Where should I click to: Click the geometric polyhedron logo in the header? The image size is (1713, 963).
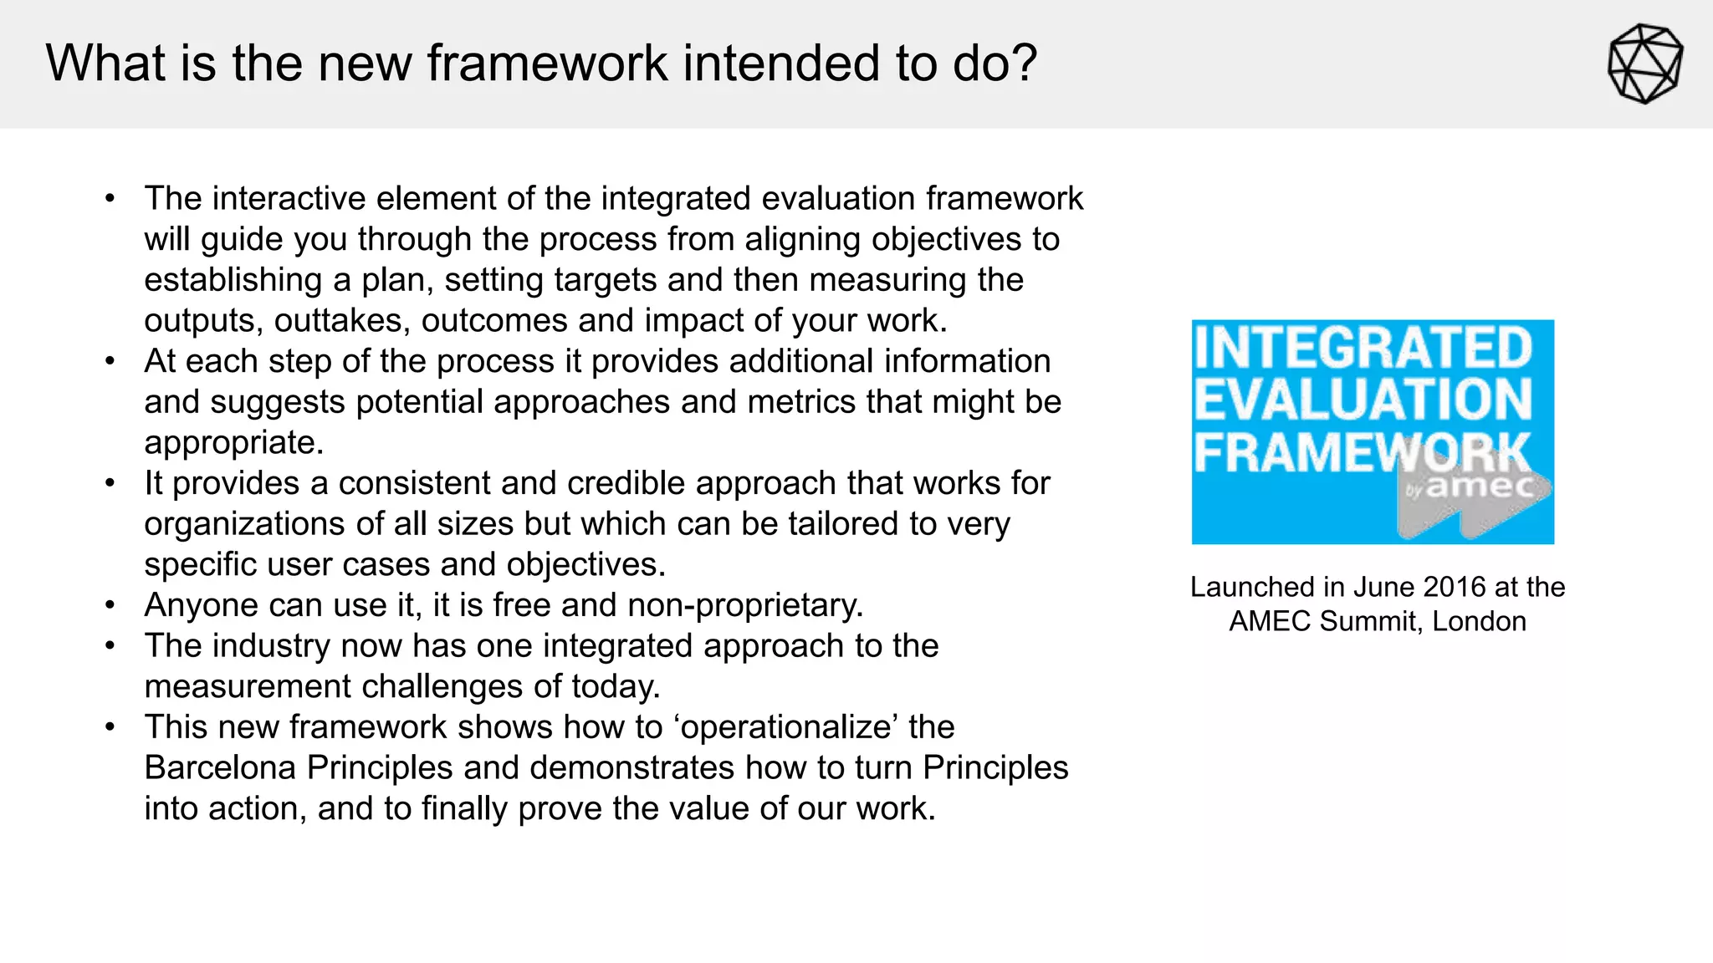[x=1644, y=64]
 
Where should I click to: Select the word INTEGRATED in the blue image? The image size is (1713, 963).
[x=1363, y=349]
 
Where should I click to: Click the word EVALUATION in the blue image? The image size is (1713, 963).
[x=1363, y=400]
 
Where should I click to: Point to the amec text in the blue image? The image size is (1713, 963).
[x=1480, y=487]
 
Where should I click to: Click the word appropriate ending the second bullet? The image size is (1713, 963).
[x=233, y=443]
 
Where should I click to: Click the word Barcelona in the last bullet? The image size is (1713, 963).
[x=220, y=767]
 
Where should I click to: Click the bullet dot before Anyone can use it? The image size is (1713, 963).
[x=110, y=605]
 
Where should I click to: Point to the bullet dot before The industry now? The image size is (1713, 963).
[x=110, y=646]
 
